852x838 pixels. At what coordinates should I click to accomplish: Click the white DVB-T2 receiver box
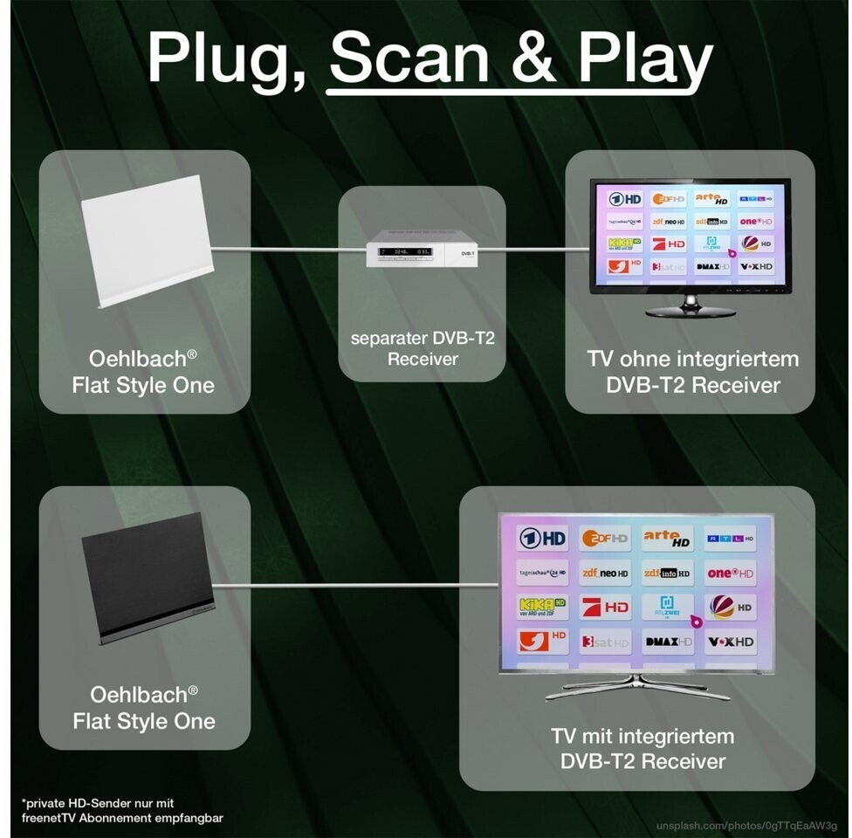click(x=422, y=252)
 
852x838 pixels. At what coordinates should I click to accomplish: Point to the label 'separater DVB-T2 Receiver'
click(x=423, y=348)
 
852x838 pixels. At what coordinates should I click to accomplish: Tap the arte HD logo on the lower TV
click(x=667, y=539)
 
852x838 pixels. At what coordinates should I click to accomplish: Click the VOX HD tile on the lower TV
click(x=731, y=642)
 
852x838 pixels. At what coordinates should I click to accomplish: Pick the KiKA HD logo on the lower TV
click(x=542, y=607)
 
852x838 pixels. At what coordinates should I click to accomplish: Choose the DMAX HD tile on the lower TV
click(x=667, y=642)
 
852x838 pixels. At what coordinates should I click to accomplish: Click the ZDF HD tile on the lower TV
click(x=605, y=539)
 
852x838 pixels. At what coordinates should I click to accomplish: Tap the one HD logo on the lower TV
click(x=731, y=573)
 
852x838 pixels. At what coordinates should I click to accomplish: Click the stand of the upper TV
click(x=690, y=306)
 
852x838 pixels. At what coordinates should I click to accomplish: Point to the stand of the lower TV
click(x=637, y=686)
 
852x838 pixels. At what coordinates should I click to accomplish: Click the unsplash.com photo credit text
click(x=746, y=823)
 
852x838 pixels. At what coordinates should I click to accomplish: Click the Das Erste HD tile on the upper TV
click(x=625, y=200)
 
